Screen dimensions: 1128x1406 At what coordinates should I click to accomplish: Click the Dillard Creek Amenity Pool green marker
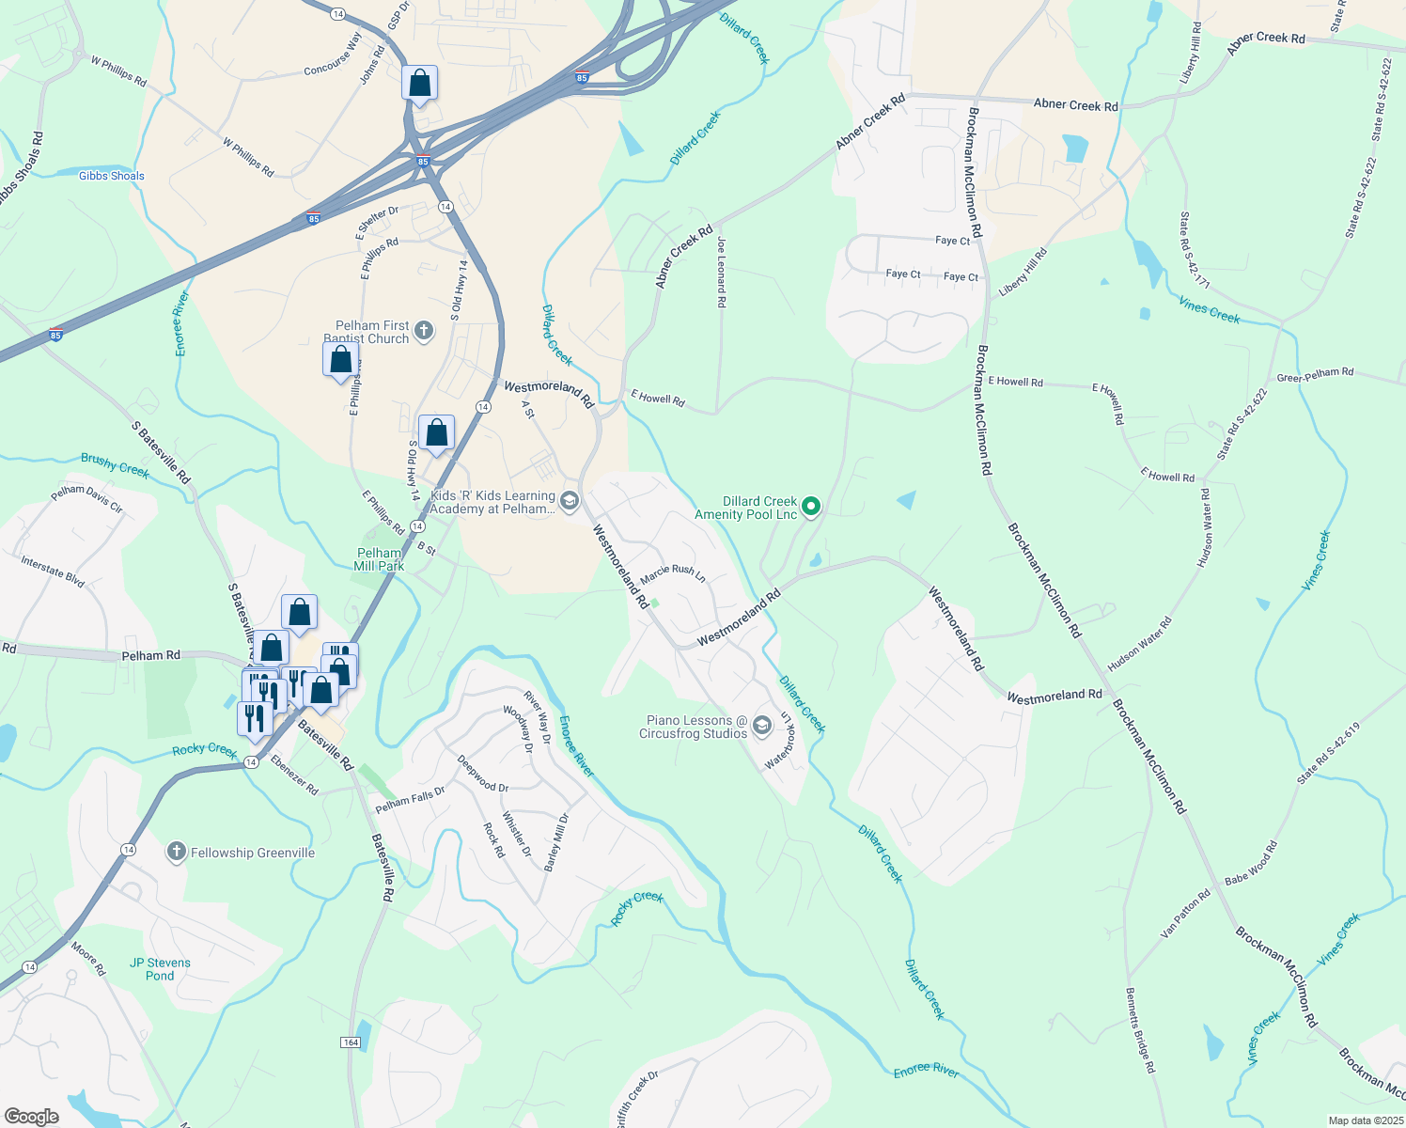pyautogui.click(x=811, y=507)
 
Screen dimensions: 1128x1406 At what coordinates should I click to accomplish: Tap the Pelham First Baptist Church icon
pyautogui.click(x=424, y=330)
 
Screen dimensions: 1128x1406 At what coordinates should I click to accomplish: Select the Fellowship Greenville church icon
pyautogui.click(x=176, y=853)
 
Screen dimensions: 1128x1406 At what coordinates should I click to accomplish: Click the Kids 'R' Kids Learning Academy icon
pyautogui.click(x=569, y=501)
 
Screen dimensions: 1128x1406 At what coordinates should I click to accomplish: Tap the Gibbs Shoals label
pyautogui.click(x=112, y=176)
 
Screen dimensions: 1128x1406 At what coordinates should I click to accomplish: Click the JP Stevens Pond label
pyautogui.click(x=160, y=969)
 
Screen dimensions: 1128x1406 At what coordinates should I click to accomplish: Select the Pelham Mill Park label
pyautogui.click(x=380, y=559)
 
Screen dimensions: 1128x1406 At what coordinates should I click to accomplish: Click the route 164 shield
pyautogui.click(x=350, y=1042)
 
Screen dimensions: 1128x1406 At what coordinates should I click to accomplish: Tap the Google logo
pyautogui.click(x=31, y=1116)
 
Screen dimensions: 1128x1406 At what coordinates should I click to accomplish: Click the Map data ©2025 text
pyautogui.click(x=1364, y=1120)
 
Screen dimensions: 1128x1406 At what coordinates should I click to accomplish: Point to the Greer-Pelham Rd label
pyautogui.click(x=1315, y=375)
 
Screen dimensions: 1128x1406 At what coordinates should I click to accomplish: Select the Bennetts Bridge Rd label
pyautogui.click(x=1139, y=1029)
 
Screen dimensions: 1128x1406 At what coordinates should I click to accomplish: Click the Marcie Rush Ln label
pyautogui.click(x=673, y=572)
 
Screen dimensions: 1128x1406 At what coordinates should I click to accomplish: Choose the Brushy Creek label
pyautogui.click(x=115, y=464)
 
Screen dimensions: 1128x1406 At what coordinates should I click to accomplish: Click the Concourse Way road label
pyautogui.click(x=333, y=55)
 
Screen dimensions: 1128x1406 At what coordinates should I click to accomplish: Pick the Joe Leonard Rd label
pyautogui.click(x=721, y=273)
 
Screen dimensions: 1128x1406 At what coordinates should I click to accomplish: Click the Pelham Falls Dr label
pyautogui.click(x=410, y=800)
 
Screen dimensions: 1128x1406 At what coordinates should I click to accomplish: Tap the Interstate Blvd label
pyautogui.click(x=53, y=572)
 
